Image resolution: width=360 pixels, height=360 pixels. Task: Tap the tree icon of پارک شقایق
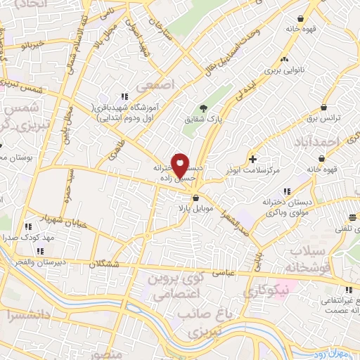click(x=202, y=108)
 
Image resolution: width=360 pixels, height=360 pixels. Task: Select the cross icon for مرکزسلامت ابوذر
click(x=252, y=160)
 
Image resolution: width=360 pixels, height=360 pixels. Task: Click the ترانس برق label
click(x=326, y=119)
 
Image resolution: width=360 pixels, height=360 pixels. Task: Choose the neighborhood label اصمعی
click(x=154, y=85)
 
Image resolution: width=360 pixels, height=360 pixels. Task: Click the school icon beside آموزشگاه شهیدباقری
click(x=124, y=97)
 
